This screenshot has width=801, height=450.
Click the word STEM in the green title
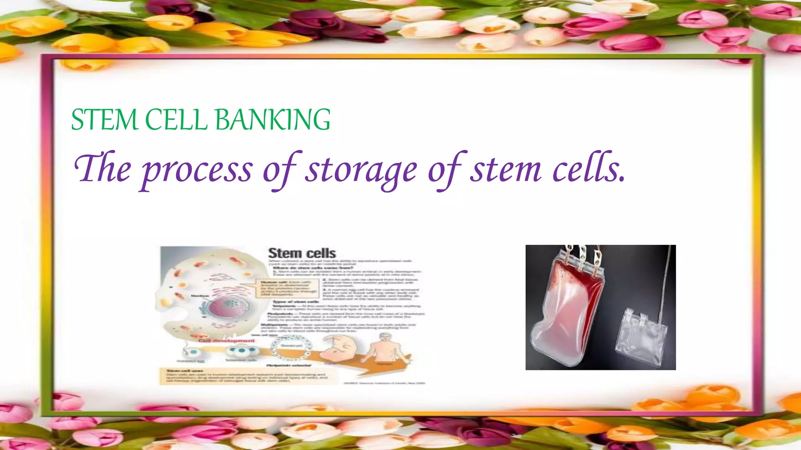coord(104,120)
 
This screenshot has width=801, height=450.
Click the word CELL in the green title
coord(176,120)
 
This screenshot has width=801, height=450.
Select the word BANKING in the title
coord(273,120)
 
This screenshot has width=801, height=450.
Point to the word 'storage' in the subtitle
coord(361,170)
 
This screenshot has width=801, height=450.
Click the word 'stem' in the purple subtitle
coord(505,170)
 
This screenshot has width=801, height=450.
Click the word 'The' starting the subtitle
coord(102,169)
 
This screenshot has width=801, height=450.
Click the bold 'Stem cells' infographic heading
coord(302,253)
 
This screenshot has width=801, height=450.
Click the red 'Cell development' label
coord(227,341)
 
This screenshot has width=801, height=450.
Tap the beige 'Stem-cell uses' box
coord(244,376)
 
